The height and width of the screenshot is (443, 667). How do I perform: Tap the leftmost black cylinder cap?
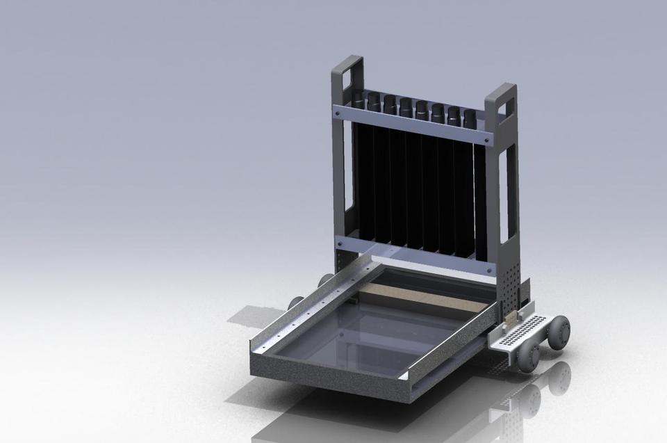coord(358,99)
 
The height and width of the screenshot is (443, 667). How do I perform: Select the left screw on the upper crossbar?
coord(338,109)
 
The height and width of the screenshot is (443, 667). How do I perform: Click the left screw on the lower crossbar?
coord(339,241)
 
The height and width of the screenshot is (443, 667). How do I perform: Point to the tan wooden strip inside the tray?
coord(417,298)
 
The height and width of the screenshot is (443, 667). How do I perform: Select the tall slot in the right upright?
coord(511,188)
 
